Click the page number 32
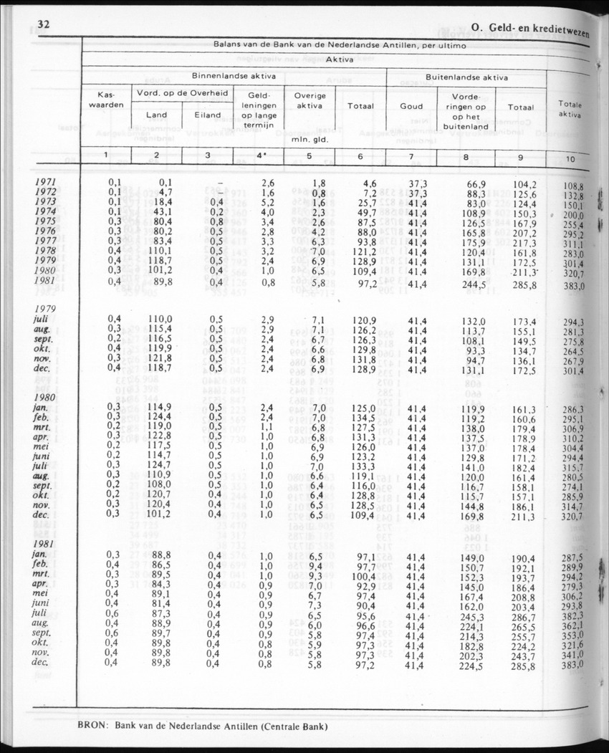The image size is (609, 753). click(x=42, y=25)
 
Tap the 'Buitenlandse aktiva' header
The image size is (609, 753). click(x=466, y=77)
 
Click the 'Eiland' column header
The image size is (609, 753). click(x=208, y=115)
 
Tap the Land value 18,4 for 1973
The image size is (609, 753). click(x=162, y=204)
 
